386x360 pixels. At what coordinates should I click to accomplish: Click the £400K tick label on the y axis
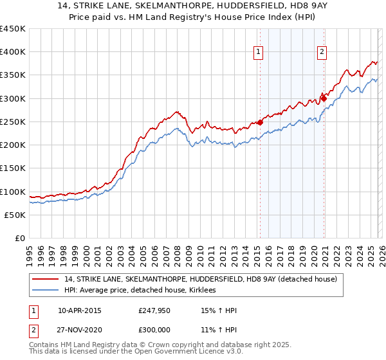(x=13, y=52)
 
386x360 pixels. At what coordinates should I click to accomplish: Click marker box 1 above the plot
(x=258, y=53)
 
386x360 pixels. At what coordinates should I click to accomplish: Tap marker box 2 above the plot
(x=322, y=53)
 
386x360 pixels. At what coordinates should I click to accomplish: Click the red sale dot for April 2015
(x=260, y=122)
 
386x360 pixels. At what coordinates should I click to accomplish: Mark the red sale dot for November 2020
(x=324, y=98)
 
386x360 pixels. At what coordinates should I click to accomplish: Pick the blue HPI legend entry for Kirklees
(x=142, y=291)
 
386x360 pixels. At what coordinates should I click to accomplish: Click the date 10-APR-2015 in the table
(x=79, y=311)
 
